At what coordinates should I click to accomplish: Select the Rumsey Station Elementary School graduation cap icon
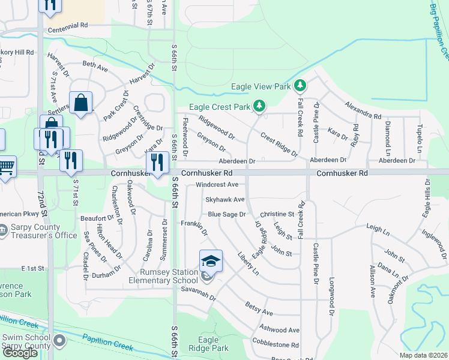coord(211,261)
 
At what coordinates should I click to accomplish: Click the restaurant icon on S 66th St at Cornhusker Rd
coord(157,162)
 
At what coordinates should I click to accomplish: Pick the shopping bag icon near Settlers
coord(80,103)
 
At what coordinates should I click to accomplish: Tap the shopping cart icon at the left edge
coord(5,166)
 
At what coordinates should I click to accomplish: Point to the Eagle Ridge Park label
coord(208,344)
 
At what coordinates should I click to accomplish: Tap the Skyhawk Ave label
coord(225,199)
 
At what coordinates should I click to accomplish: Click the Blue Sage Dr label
coord(227,214)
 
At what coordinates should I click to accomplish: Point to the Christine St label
coord(277,214)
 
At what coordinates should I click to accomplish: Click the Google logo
coord(20,353)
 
